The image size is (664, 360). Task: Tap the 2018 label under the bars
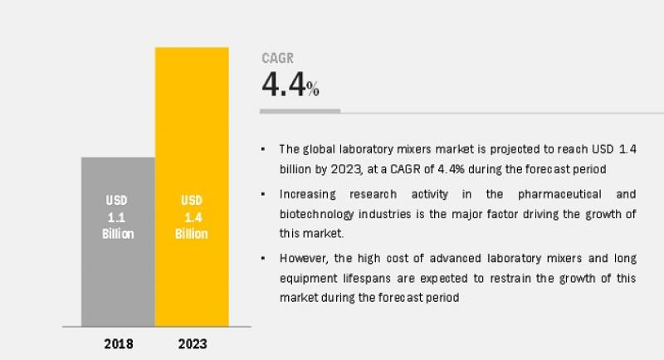pyautogui.click(x=117, y=343)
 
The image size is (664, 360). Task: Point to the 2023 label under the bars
pyautogui.click(x=192, y=343)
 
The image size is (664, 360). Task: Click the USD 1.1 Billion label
pyautogui.click(x=118, y=217)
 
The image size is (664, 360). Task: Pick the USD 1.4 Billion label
pyautogui.click(x=192, y=217)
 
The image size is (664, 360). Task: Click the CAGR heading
pyautogui.click(x=277, y=59)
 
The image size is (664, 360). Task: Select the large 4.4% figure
pyautogui.click(x=290, y=85)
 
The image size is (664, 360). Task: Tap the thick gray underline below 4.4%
pyautogui.click(x=300, y=110)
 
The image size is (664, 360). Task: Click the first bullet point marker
pyautogui.click(x=263, y=149)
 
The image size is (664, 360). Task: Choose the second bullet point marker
pyautogui.click(x=263, y=193)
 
